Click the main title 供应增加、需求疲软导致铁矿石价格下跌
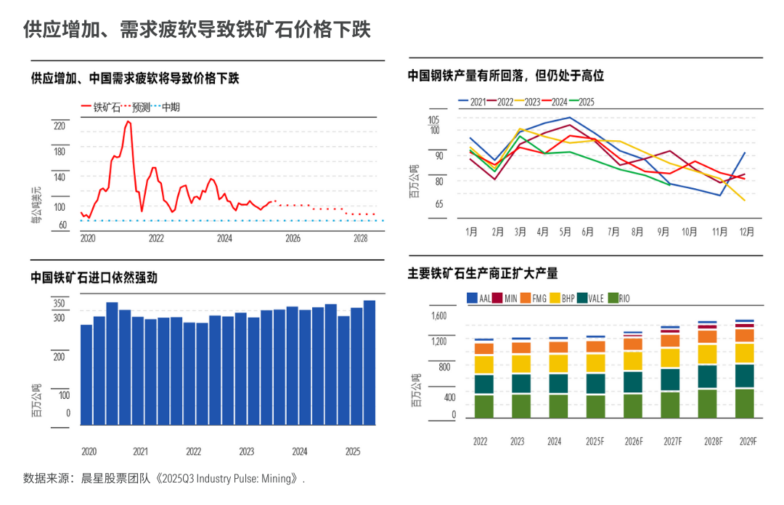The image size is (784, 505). pyautogui.click(x=197, y=30)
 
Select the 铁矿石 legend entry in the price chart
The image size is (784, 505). pyautogui.click(x=100, y=107)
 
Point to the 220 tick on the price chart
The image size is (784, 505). pyautogui.click(x=60, y=126)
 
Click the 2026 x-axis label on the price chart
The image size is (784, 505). pyautogui.click(x=293, y=238)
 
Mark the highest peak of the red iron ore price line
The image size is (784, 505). pyautogui.click(x=128, y=121)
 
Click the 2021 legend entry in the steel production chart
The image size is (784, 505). pyautogui.click(x=472, y=102)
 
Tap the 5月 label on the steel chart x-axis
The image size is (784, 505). pyautogui.click(x=565, y=232)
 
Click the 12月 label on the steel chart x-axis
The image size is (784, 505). pyautogui.click(x=747, y=232)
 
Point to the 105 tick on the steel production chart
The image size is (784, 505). pyautogui.click(x=433, y=120)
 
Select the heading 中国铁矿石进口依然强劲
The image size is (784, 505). pyautogui.click(x=94, y=278)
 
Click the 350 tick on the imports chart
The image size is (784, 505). pyautogui.click(x=59, y=303)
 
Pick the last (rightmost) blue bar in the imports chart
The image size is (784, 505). pyautogui.click(x=369, y=363)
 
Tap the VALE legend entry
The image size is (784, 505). pyautogui.click(x=590, y=299)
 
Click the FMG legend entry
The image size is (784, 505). pyautogui.click(x=534, y=299)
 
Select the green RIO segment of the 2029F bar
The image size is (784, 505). pyautogui.click(x=745, y=403)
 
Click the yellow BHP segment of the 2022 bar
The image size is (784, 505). pyautogui.click(x=484, y=365)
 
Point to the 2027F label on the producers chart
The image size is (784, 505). pyautogui.click(x=673, y=442)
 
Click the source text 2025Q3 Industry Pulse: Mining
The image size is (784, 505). pyautogui.click(x=226, y=478)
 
